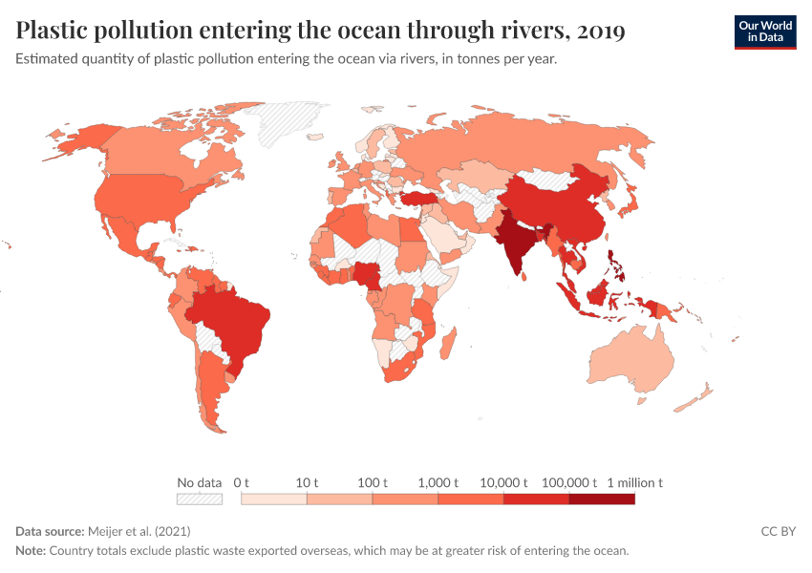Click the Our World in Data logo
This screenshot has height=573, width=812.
pos(764,32)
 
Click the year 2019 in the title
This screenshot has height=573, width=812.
pos(602,32)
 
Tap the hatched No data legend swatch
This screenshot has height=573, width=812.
pos(200,499)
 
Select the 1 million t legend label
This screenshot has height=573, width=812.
pos(634,483)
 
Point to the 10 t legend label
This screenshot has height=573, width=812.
pos(307,483)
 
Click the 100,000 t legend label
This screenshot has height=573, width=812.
pos(569,483)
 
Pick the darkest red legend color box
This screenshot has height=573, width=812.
pos(602,499)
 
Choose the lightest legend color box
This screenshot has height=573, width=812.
pos(274,499)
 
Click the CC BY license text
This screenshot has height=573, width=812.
pos(778,530)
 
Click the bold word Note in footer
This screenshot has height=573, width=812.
pos(31,551)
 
